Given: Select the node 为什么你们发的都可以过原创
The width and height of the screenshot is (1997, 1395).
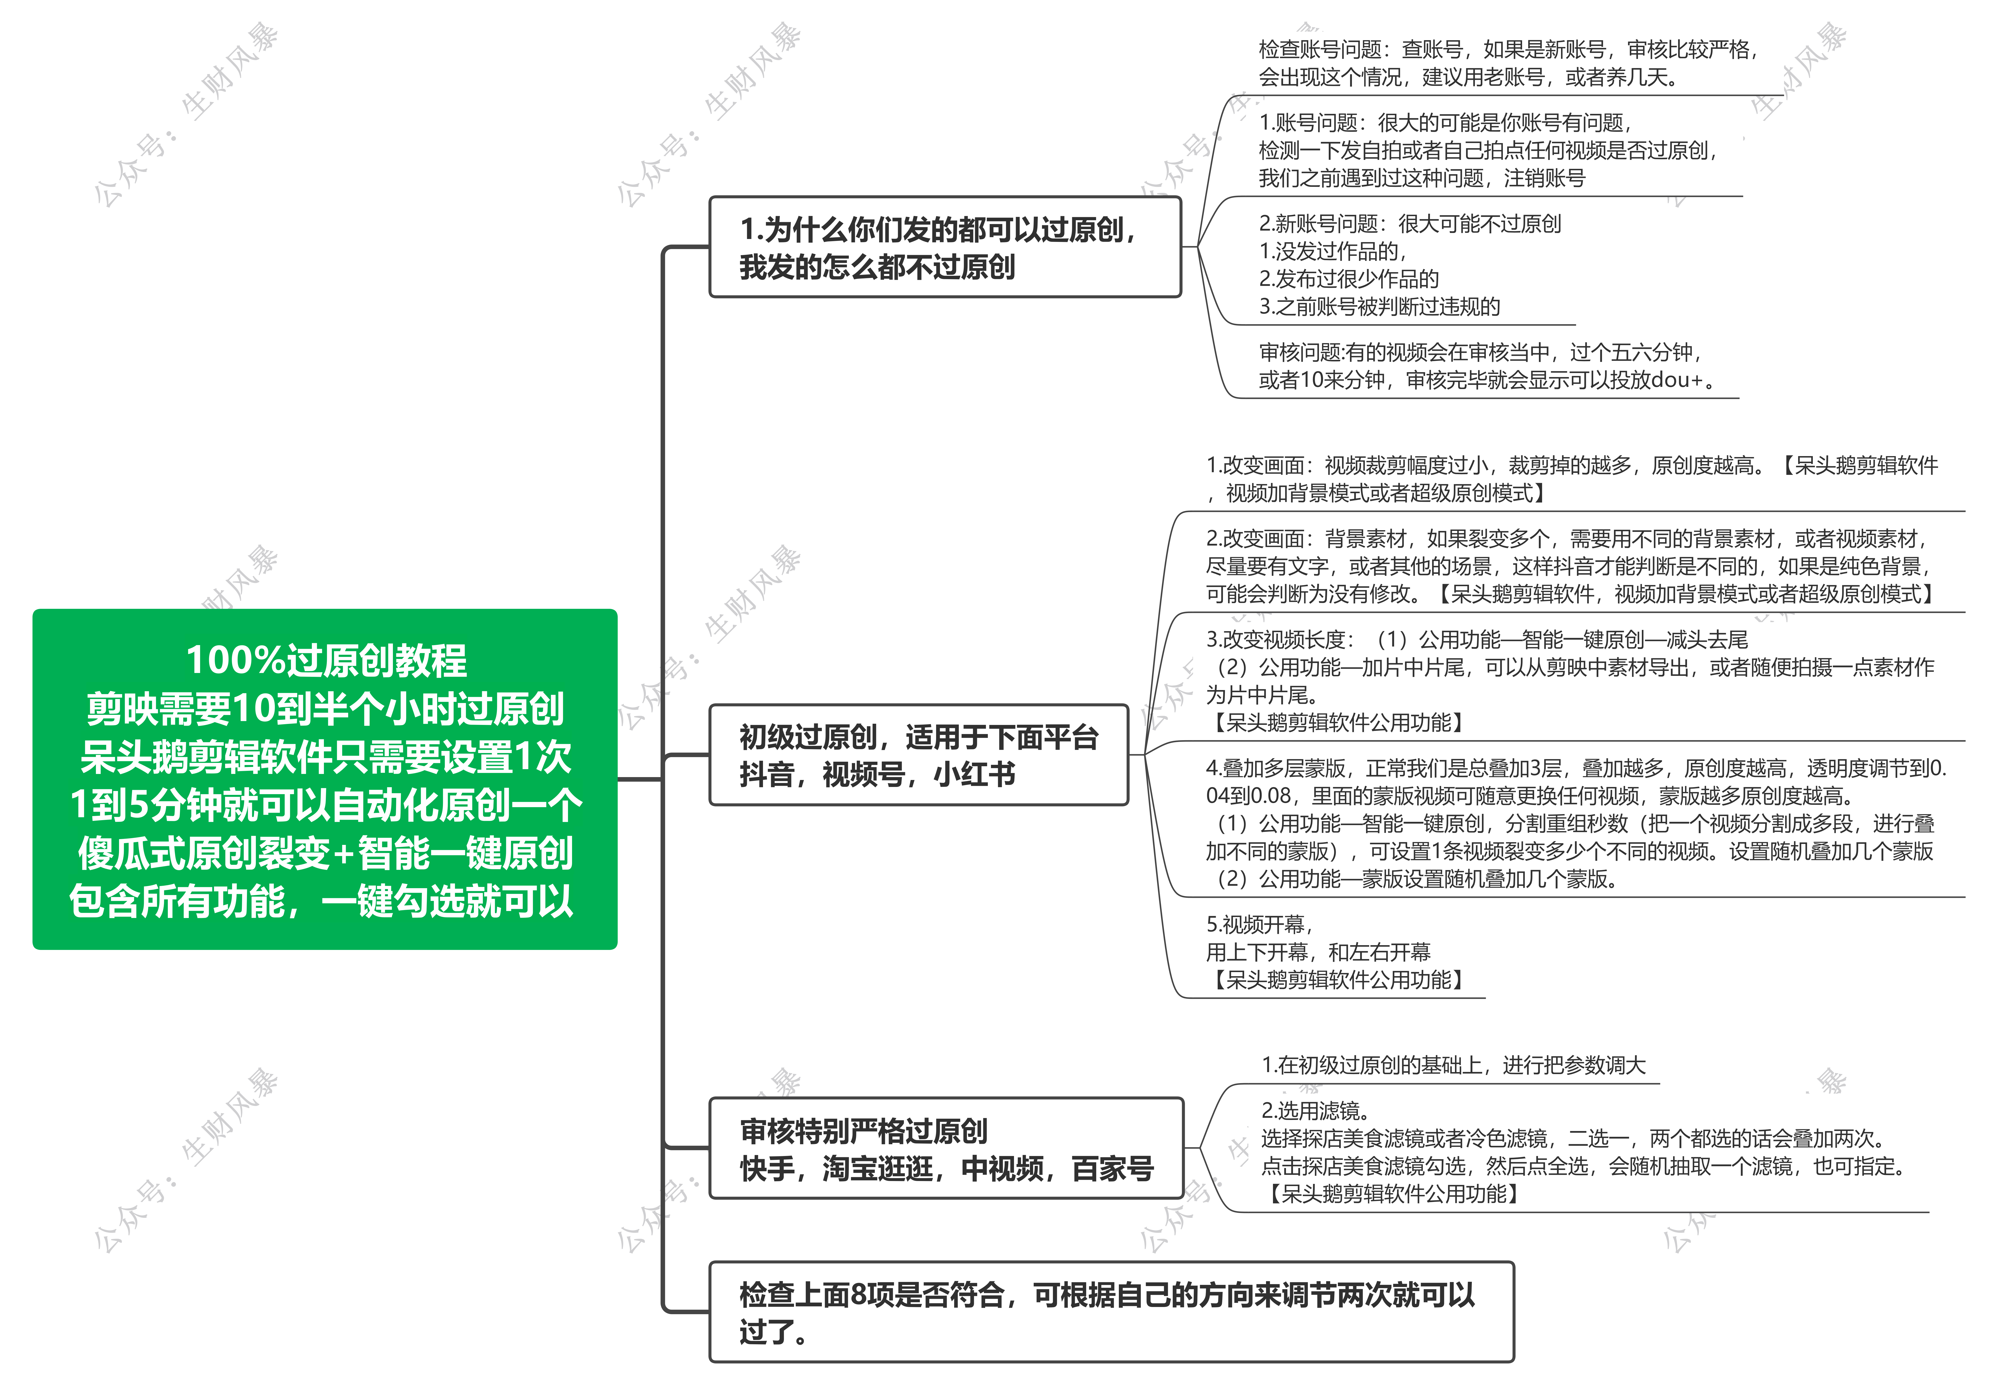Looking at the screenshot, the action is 945,247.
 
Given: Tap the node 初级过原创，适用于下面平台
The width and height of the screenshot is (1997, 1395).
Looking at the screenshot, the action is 919,755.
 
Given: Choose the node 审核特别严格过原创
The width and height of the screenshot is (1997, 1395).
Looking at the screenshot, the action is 946,1148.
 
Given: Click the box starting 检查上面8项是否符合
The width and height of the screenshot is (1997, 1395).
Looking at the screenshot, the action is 1112,1312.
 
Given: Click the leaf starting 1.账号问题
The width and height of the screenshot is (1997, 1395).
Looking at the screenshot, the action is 1489,151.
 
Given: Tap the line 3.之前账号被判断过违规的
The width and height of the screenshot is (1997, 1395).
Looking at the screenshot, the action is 1380,306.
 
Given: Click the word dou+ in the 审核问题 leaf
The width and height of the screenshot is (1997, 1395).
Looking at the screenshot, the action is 1676,380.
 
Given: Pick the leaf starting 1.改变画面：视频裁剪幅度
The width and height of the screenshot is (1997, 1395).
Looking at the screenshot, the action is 1572,479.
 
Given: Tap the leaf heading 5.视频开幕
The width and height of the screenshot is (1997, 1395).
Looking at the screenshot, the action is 1259,924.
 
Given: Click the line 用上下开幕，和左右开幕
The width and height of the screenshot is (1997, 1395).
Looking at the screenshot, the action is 1318,952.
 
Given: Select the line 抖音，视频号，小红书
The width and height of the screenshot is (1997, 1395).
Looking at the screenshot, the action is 877,774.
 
